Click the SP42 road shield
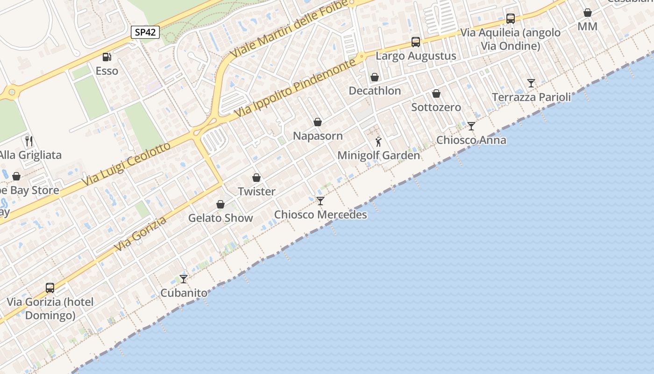coord(145,32)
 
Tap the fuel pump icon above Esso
coord(107,57)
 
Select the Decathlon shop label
coord(375,91)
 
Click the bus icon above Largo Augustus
coord(416,42)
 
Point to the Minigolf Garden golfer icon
coord(379,141)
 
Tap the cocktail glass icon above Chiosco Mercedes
coord(320,201)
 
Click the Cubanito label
coord(184,293)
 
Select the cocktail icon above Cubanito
coord(184,279)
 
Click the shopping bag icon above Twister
coord(256,178)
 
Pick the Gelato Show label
coord(220,218)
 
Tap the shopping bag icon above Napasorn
coord(318,122)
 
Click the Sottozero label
coord(436,107)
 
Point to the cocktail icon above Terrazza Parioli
coord(531,83)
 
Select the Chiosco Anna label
coord(471,140)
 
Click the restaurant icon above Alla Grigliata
coord(29,141)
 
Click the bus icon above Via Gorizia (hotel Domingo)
coord(50,288)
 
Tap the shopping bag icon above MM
coord(588,13)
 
